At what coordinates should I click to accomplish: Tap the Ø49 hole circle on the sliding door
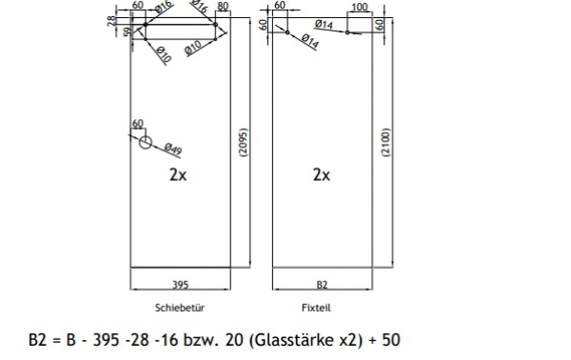coord(145,143)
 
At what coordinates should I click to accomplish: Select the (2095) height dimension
coord(243,148)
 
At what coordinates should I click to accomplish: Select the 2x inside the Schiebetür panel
coord(177,174)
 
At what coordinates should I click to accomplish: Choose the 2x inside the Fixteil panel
coord(322,174)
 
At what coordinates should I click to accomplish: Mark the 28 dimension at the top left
coord(111,20)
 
